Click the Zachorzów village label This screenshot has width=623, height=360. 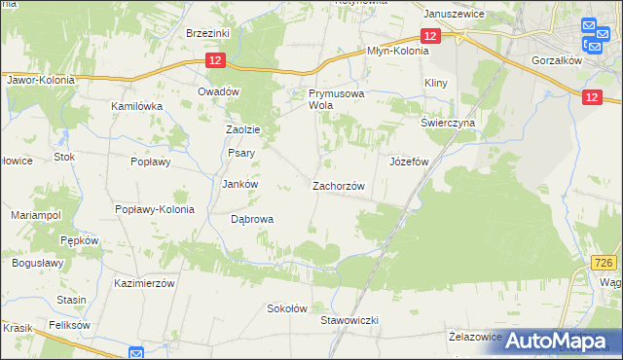pyautogui.click(x=338, y=186)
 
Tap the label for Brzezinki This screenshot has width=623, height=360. pyautogui.click(x=206, y=32)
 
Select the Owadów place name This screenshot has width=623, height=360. pyautogui.click(x=218, y=90)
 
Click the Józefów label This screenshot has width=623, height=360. pyautogui.click(x=409, y=162)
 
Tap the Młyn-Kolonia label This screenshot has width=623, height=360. pyautogui.click(x=396, y=52)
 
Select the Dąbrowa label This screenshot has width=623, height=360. pyautogui.click(x=251, y=219)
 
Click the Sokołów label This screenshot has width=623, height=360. pyautogui.click(x=287, y=308)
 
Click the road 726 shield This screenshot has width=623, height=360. pyautogui.click(x=604, y=263)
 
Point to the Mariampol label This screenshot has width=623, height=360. pyautogui.click(x=36, y=214)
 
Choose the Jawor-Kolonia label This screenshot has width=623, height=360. pyautogui.click(x=40, y=80)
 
